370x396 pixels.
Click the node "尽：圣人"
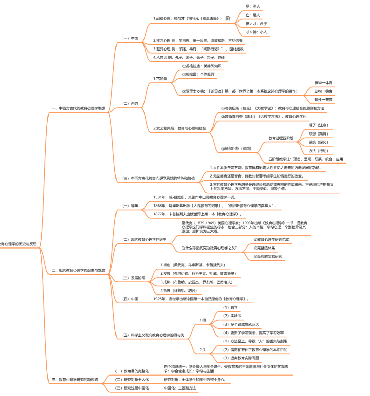pyautogui.click(x=253, y=6)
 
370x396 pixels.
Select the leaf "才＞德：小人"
pyautogui.click(x=256, y=32)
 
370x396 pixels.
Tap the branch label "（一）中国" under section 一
pyautogui.click(x=130, y=38)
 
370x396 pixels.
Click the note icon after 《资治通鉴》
pyautogui.click(x=228, y=18)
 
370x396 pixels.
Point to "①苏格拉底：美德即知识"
pyautogui.click(x=202, y=66)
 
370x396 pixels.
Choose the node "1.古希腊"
pyautogui.click(x=160, y=79)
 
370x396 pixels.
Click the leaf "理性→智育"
pyautogui.click(x=323, y=100)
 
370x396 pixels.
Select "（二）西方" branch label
pyautogui.click(x=130, y=103)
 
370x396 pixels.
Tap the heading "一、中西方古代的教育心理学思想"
pyautogui.click(x=78, y=108)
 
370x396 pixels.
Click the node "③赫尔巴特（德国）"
pyautogui.click(x=236, y=148)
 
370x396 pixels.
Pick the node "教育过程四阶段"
pyautogui.click(x=281, y=138)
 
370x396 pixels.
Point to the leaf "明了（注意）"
pyautogui.click(x=318, y=125)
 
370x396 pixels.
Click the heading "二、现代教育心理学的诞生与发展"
pyautogui.click(x=78, y=270)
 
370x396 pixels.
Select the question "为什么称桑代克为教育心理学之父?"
pyautogui.click(x=209, y=248)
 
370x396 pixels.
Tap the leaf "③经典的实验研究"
pyautogui.click(x=268, y=256)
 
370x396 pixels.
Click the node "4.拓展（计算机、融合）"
pyautogui.click(x=178, y=291)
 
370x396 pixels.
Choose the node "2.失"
pyautogui.click(x=203, y=350)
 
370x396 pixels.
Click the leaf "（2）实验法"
pyautogui.click(x=232, y=316)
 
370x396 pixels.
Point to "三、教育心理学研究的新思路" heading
pyautogui.click(x=75, y=379)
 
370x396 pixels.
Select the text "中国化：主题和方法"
pyautogui.click(x=180, y=388)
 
